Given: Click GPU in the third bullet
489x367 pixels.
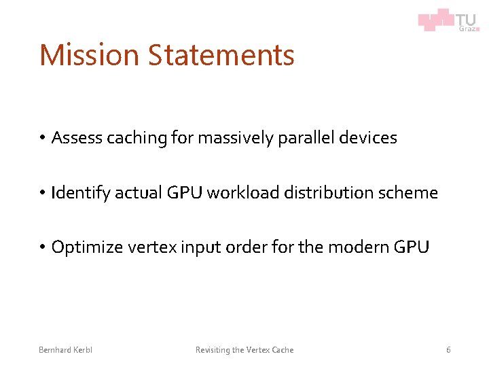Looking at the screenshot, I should [x=412, y=247].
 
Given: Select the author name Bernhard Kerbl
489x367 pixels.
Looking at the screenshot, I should [x=66, y=350].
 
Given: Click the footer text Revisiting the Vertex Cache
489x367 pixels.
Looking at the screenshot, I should [x=244, y=350].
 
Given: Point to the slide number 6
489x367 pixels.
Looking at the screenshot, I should [x=448, y=350].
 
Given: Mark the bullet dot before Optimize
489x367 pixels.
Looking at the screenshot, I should [x=41, y=248].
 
